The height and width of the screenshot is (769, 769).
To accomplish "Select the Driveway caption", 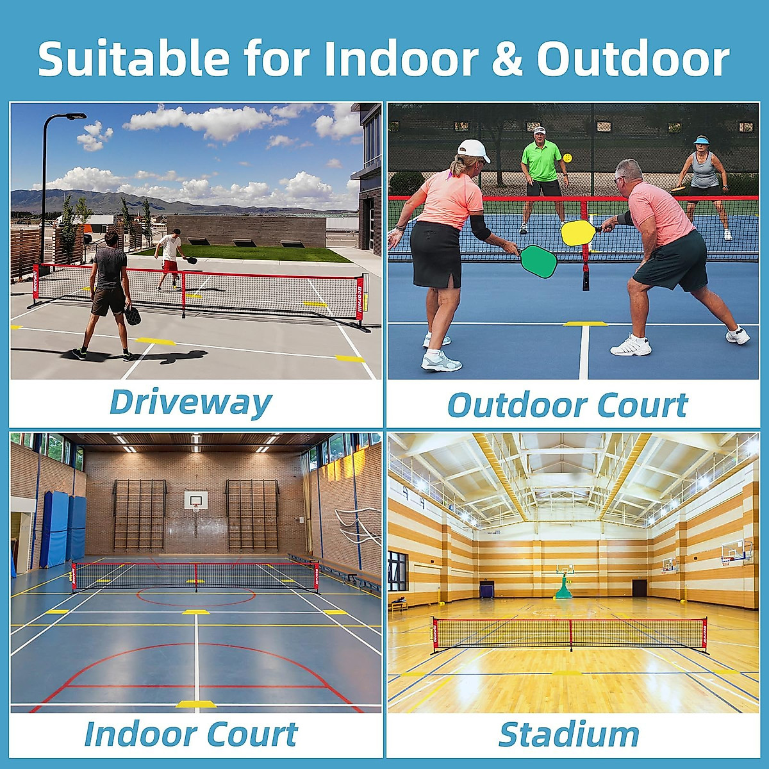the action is tap(190, 402).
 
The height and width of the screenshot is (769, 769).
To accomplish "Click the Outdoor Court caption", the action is tap(568, 404).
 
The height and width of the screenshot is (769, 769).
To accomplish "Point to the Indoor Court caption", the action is tap(191, 734).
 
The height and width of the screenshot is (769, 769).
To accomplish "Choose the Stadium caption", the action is tap(568, 734).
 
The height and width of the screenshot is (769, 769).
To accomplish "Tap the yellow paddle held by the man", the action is tap(579, 233).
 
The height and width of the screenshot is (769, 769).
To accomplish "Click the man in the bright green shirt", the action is tap(542, 179).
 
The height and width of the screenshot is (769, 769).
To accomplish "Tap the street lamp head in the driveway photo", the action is tap(72, 117).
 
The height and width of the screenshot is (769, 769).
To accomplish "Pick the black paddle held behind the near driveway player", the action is tap(131, 317).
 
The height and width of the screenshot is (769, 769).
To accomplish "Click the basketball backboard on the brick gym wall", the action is tap(196, 499).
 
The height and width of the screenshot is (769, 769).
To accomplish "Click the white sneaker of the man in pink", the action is tap(631, 346).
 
